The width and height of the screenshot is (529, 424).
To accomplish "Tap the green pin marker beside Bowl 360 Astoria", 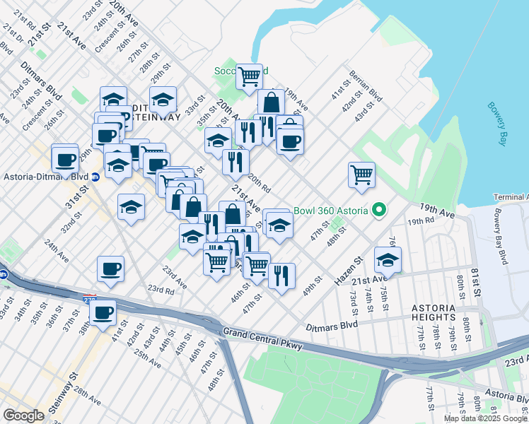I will coord(378,210).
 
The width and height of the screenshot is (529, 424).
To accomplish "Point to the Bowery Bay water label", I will coord(497,124).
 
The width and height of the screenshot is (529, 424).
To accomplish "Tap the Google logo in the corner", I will coord(24,416).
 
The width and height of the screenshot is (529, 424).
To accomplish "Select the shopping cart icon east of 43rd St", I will coord(361,173).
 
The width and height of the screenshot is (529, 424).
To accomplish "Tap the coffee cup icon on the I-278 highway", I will coord(103,312).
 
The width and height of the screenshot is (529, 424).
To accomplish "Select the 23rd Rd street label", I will coord(161,289).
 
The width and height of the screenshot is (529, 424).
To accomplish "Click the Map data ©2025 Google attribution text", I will coord(485,418).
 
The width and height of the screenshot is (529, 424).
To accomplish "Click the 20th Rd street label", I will coord(260,184).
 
